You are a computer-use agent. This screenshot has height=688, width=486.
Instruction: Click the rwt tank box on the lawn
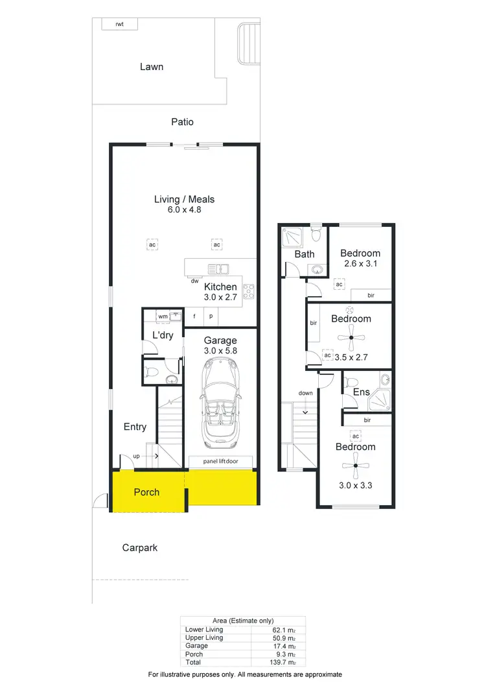[x=119, y=24]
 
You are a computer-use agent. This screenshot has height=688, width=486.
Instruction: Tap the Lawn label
[x=152, y=66]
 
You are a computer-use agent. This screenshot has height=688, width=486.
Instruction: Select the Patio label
[x=182, y=122]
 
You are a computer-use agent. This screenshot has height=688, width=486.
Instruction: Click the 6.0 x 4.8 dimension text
[x=184, y=210]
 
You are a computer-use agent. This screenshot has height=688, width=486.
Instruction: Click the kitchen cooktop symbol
[x=248, y=292]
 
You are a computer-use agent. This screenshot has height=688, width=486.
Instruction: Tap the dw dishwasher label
[x=194, y=281]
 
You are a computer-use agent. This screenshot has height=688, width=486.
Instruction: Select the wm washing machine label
[x=162, y=316]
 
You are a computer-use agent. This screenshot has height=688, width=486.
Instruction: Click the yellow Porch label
[x=146, y=492]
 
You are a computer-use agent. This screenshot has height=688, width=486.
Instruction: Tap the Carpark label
[x=140, y=548]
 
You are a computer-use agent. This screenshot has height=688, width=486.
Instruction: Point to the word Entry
[x=135, y=427]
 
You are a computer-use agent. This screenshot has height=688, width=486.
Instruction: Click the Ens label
[x=361, y=392]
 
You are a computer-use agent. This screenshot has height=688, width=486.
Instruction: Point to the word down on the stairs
[x=306, y=394]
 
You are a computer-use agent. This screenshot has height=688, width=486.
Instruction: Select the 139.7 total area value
[x=285, y=662]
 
